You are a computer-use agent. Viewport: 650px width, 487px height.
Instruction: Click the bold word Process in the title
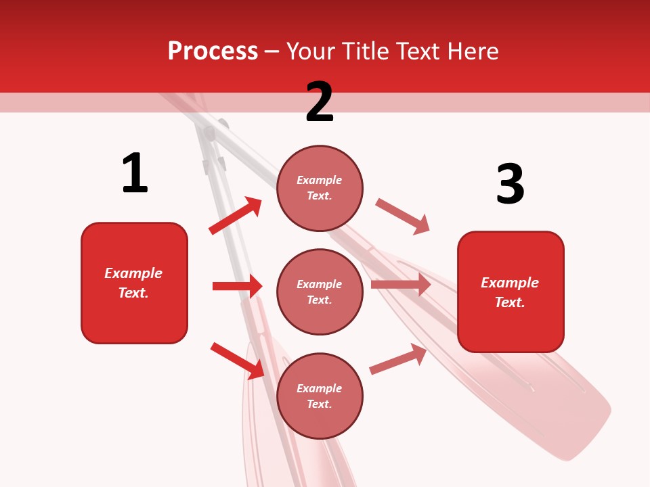(213, 51)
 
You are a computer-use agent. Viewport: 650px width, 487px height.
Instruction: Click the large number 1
(135, 173)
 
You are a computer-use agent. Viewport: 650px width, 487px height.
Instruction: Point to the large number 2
(320, 102)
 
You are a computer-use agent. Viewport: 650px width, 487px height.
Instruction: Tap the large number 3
(510, 184)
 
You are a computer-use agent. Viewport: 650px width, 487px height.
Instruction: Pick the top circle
(320, 187)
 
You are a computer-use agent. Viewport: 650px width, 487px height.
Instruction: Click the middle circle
(320, 292)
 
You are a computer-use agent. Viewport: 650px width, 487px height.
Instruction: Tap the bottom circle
(320, 396)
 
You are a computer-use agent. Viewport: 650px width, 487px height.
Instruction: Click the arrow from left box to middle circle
(237, 286)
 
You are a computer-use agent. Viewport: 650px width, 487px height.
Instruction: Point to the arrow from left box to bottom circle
(238, 361)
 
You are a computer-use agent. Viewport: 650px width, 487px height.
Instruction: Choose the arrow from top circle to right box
(403, 216)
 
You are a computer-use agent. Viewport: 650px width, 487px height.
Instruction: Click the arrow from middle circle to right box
(401, 285)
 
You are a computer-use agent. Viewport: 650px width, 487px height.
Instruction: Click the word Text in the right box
(509, 302)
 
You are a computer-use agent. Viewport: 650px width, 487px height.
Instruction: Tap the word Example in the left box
(133, 273)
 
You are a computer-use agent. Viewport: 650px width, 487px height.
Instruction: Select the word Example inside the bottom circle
(320, 388)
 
